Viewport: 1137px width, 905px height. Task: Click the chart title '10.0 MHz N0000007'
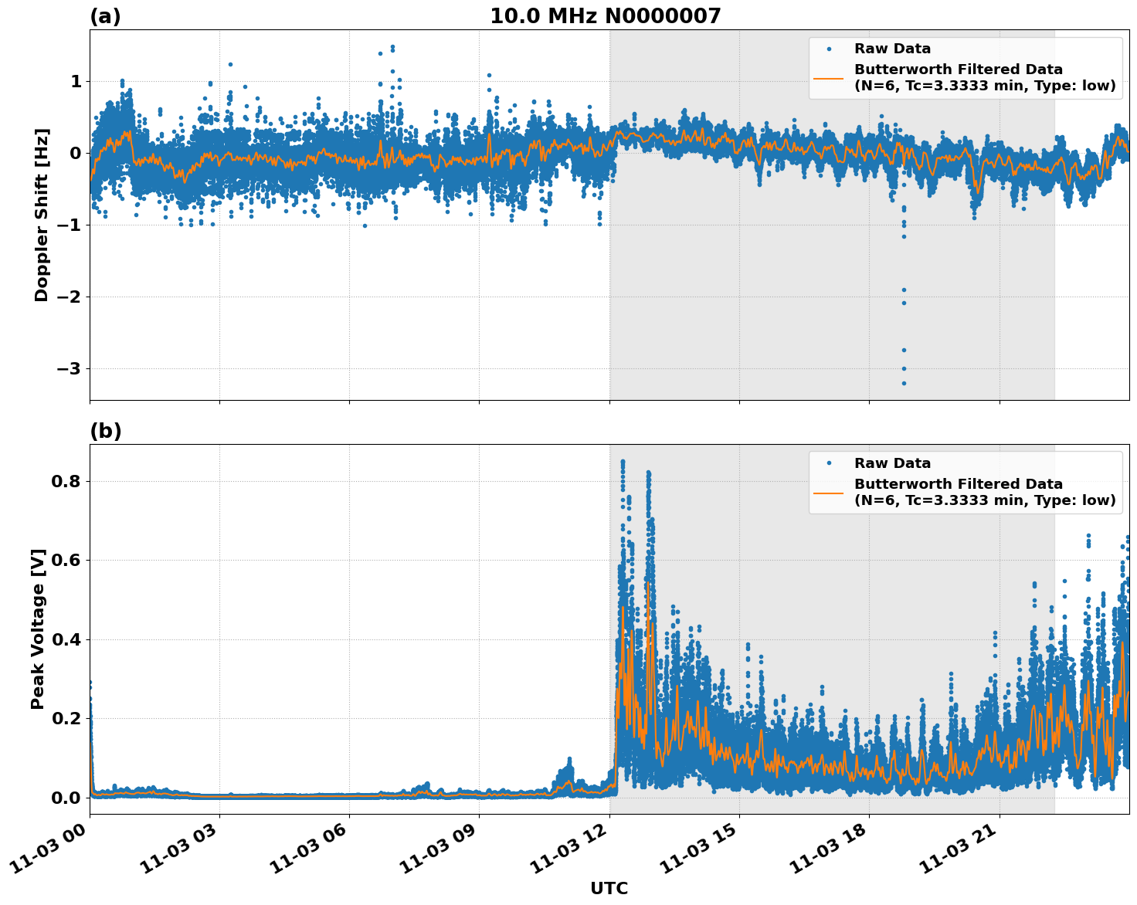(x=605, y=16)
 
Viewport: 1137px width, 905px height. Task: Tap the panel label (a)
(x=105, y=16)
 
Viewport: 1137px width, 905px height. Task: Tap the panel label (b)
(x=105, y=431)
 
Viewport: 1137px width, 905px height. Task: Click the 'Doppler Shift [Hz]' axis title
(x=42, y=215)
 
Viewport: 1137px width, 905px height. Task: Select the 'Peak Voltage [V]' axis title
(x=38, y=629)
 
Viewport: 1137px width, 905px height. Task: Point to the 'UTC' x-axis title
(x=609, y=888)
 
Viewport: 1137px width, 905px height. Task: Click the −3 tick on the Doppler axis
(x=69, y=369)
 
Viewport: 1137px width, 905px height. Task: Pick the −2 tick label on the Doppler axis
(x=69, y=297)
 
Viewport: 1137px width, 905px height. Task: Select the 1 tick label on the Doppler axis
(x=76, y=82)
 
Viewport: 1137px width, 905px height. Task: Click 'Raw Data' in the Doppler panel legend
(x=892, y=49)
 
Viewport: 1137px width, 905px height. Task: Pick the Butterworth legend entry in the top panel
(x=984, y=77)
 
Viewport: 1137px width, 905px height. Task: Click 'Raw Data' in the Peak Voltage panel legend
(x=892, y=463)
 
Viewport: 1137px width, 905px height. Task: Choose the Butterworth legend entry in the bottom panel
(x=984, y=492)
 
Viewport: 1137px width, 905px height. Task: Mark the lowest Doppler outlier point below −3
(x=904, y=383)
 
